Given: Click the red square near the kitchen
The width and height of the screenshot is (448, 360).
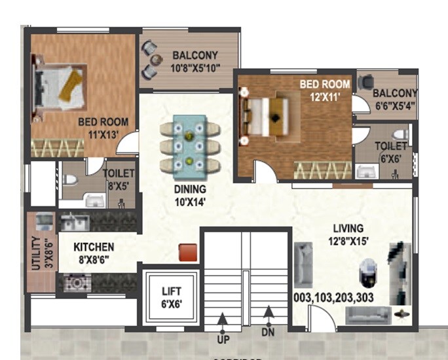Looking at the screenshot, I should tap(189, 252).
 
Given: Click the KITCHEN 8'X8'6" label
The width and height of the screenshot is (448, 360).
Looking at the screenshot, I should tap(94, 253).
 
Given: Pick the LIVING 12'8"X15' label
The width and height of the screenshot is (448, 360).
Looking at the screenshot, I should tap(347, 234).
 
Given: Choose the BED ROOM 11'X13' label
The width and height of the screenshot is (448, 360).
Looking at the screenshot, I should tap(103, 127).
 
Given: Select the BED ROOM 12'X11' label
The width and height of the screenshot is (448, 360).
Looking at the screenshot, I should tap(325, 90).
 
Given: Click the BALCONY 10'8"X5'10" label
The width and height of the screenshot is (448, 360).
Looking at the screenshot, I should tap(195, 61).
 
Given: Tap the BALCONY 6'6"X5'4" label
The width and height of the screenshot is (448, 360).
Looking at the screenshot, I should tap(396, 99).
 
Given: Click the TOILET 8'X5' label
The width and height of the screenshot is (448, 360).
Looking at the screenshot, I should tap(119, 179).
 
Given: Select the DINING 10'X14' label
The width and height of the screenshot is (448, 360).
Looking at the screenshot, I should tap(190, 195).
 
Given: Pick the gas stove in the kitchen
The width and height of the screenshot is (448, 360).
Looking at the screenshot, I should tap(77, 283).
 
